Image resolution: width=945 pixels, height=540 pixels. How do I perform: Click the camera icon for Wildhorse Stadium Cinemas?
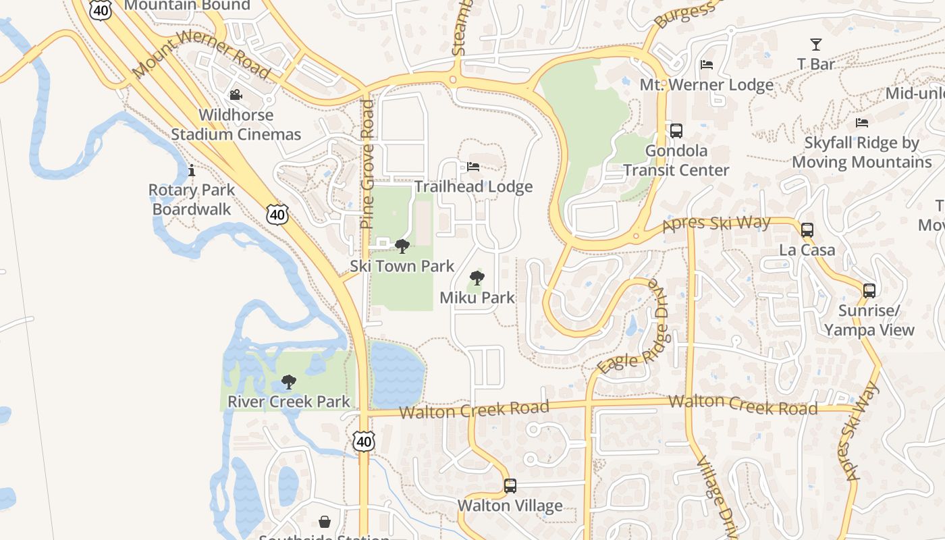[x=236, y=95]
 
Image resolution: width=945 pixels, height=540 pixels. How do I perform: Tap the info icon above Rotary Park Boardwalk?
[x=192, y=170]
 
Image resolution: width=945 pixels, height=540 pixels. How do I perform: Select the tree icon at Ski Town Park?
[x=402, y=246]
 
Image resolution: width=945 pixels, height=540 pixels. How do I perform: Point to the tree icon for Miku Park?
[x=477, y=277]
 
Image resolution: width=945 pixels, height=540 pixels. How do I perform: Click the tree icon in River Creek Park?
[x=289, y=382]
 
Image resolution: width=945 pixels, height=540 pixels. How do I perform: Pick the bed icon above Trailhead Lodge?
[x=473, y=167]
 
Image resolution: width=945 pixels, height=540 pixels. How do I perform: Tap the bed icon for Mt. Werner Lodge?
[x=707, y=65]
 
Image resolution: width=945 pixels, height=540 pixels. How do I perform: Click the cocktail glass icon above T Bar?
[x=816, y=45]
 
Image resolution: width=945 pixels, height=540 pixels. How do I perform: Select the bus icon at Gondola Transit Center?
[x=676, y=130]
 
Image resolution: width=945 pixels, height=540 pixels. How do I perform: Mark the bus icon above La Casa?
[x=807, y=230]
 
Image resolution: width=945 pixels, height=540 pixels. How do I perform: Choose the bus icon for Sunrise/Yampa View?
[x=869, y=291]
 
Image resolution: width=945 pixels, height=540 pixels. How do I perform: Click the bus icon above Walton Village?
[x=510, y=486]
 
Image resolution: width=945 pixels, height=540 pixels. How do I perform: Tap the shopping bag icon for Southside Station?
[x=325, y=522]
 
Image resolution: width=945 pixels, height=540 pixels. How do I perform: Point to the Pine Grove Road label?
[x=367, y=164]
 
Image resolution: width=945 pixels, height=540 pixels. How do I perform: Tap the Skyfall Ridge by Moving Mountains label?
[x=862, y=153]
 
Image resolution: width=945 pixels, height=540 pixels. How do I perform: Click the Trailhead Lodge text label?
[x=474, y=187]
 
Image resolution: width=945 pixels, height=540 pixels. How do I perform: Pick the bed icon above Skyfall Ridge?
[x=862, y=122]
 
